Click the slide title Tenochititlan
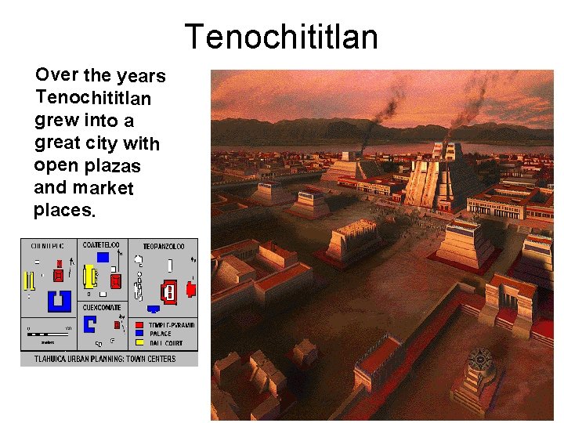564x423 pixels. (281, 37)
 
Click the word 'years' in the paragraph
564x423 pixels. (141, 76)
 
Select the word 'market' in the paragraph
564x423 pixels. (103, 188)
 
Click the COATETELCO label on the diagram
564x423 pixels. (101, 245)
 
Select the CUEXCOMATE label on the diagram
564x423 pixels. (102, 307)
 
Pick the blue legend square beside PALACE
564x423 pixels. (139, 334)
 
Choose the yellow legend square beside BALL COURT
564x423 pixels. (139, 342)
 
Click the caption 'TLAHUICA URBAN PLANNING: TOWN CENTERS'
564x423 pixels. (105, 359)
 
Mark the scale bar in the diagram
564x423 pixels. (48, 334)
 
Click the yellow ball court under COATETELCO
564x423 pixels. (90, 275)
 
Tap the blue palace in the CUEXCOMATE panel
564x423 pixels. (89, 324)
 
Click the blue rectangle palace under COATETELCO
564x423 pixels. (103, 257)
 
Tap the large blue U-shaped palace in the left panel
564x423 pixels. (59, 301)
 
